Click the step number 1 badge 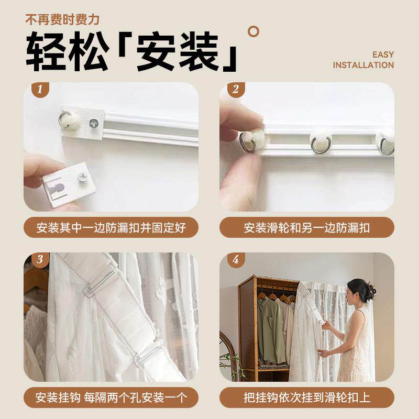click(40, 90)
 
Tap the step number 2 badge click(236, 90)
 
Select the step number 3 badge click(40, 259)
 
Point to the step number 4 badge click(236, 259)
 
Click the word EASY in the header click(383, 55)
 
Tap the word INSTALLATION click(363, 65)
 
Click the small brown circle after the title click(253, 31)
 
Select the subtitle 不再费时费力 click(62, 20)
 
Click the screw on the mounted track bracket click(94, 123)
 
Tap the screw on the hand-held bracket click(82, 177)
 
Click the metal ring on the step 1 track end click(64, 119)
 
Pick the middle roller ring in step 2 click(321, 144)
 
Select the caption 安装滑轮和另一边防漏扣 click(307, 228)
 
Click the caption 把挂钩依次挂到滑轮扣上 click(307, 398)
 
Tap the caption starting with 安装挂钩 click(111, 398)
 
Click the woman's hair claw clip click(372, 290)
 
